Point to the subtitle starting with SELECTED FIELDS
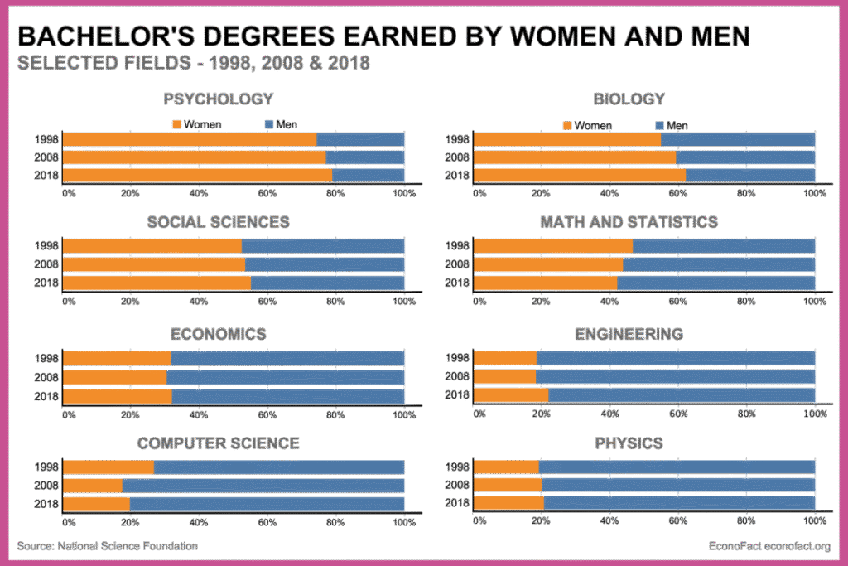click(x=194, y=64)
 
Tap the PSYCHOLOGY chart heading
click(x=219, y=99)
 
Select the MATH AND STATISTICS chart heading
click(x=629, y=222)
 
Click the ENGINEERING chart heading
click(x=629, y=335)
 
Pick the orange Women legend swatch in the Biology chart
click(x=567, y=125)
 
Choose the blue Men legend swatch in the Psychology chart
click(x=269, y=124)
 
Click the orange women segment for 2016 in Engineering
click(x=511, y=394)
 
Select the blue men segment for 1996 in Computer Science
click(x=279, y=467)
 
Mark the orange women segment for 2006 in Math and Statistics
click(x=548, y=264)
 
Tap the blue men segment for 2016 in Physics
click(x=679, y=502)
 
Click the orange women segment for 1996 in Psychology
click(x=190, y=139)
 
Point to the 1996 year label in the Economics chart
click(x=46, y=359)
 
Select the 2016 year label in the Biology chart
click(x=458, y=175)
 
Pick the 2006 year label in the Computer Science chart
click(x=46, y=485)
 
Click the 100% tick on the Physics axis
click(x=814, y=520)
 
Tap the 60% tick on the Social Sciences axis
click(x=267, y=301)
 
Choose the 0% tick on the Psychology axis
click(x=69, y=193)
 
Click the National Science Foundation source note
click(x=108, y=546)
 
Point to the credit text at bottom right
click(x=769, y=546)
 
